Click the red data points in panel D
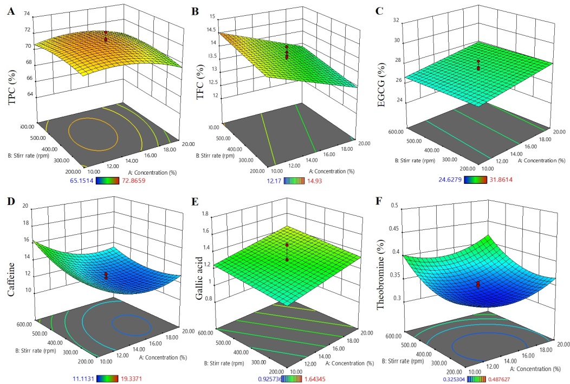coord(106,276)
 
